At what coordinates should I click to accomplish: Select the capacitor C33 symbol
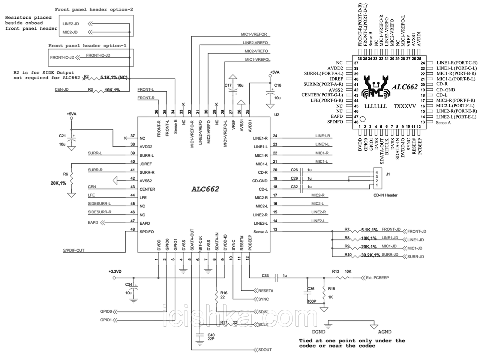[x=276, y=278]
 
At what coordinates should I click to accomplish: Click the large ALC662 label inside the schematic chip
[x=205, y=189]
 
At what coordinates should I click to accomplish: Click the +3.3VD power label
[x=115, y=271]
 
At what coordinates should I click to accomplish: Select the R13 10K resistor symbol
[x=343, y=278]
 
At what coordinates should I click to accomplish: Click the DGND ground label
[x=318, y=331]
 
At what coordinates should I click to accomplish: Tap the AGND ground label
[x=384, y=331]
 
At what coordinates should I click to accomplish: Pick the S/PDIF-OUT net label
[x=74, y=250]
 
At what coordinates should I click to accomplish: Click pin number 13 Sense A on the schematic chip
[x=276, y=229]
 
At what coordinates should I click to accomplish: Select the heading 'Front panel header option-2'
[x=94, y=9]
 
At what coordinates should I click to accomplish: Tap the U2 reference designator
[x=276, y=115]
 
